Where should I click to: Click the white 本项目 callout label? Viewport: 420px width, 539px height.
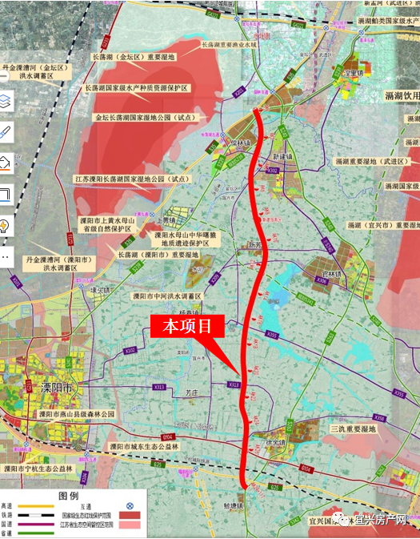(186, 326)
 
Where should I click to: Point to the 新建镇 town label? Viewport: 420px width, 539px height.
(283, 158)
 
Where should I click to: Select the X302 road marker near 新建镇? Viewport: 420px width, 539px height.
(273, 171)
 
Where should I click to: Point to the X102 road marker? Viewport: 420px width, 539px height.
(130, 350)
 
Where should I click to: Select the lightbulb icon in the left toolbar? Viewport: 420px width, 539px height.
(6, 225)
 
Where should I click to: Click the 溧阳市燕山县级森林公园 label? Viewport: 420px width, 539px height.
(75, 414)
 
